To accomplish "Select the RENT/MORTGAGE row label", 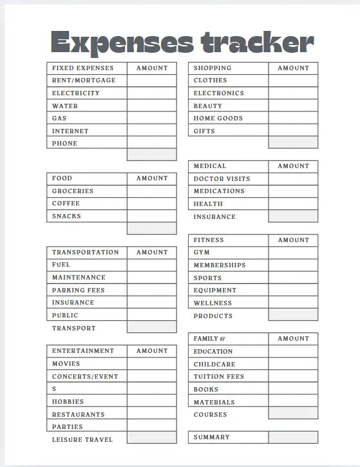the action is click(84, 81).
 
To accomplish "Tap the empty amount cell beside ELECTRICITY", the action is click(151, 93).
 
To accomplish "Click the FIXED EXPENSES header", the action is click(82, 68).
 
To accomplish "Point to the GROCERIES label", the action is click(73, 191).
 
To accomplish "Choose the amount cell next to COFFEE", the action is click(151, 204).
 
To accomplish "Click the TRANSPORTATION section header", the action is click(85, 253).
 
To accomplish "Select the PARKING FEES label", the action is click(78, 290).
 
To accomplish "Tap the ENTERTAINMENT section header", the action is click(82, 351).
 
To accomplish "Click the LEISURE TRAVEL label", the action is click(82, 439).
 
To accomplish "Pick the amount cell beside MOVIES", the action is click(151, 364).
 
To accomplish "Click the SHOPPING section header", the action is click(212, 68).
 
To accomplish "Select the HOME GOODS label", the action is click(218, 119).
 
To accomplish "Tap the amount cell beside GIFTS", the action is click(293, 131).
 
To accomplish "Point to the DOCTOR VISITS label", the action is click(222, 178).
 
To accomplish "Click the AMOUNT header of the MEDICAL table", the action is click(293, 166).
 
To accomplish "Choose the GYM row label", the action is click(202, 253).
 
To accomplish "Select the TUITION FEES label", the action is click(219, 377).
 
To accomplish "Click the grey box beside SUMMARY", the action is click(293, 437).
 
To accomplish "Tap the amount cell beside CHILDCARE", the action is click(293, 364).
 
